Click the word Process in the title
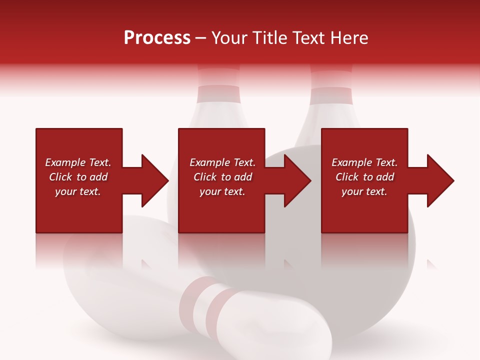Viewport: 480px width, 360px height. [x=157, y=38]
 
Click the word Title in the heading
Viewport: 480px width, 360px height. [x=268, y=38]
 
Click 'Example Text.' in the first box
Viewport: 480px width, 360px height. [x=78, y=162]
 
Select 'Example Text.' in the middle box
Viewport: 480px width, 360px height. [x=222, y=162]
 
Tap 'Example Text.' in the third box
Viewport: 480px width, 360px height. [x=364, y=162]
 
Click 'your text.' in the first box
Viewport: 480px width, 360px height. [x=78, y=191]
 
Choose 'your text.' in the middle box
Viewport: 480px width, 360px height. [x=222, y=191]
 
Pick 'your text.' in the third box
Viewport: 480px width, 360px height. [x=364, y=191]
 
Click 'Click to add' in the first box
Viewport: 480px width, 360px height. [x=78, y=177]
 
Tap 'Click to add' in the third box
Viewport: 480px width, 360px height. [x=364, y=177]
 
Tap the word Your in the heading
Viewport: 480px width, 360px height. [x=229, y=38]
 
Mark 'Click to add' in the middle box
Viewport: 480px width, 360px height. [x=222, y=177]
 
